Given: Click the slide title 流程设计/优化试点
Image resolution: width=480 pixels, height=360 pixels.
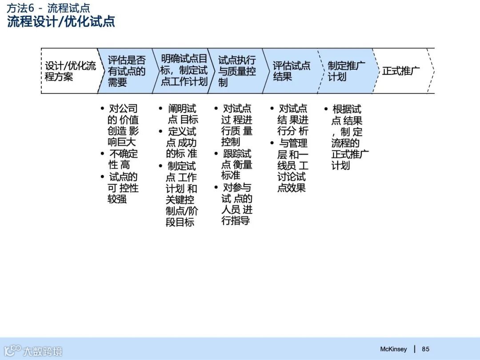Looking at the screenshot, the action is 61,22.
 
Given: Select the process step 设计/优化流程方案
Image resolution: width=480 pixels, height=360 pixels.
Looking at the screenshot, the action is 70,71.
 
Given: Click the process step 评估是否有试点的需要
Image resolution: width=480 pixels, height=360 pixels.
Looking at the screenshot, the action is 126,71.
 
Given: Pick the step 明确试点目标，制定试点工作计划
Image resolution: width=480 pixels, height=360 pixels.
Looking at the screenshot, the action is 184,70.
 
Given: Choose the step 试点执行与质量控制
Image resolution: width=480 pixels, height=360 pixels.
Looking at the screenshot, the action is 236,71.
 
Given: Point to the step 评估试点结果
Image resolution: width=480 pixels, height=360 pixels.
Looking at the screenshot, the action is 291,71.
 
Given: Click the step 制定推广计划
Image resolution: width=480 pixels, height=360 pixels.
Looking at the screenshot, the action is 346,71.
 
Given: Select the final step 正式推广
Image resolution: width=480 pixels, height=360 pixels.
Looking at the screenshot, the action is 400,71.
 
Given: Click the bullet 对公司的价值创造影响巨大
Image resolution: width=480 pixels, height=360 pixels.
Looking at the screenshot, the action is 123,125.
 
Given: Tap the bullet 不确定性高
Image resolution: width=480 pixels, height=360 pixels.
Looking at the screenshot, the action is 123,160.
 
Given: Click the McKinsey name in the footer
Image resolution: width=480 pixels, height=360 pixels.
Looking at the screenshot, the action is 393,349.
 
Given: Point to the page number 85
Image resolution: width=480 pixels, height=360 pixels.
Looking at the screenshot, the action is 426,349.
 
